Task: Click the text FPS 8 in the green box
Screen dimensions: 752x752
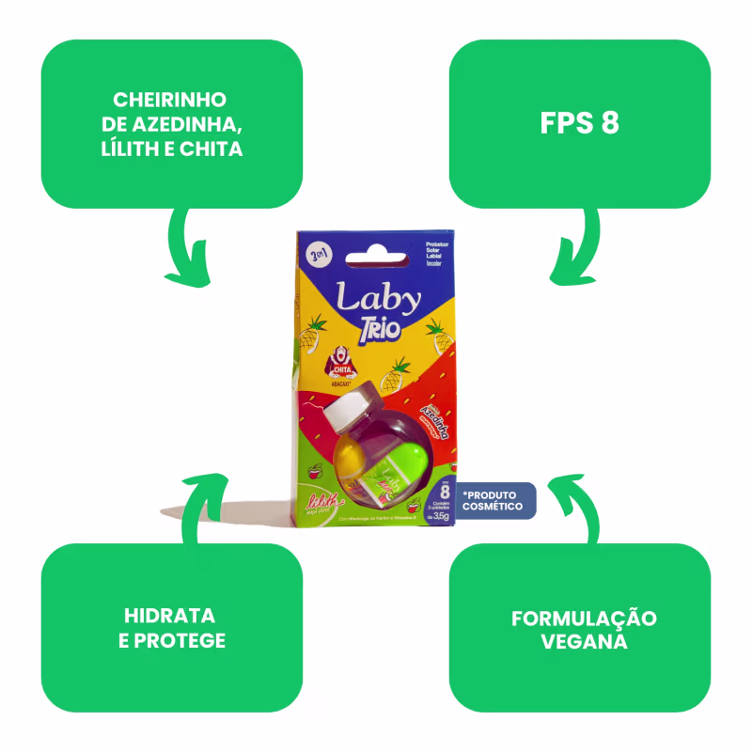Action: click(580, 124)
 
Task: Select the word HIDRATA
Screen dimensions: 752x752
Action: click(170, 617)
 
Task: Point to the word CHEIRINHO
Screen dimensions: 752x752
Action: click(170, 100)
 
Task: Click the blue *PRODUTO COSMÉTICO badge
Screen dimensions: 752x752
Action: click(493, 500)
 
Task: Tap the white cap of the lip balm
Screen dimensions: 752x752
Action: click(346, 410)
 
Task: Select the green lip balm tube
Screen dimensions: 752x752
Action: click(396, 470)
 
